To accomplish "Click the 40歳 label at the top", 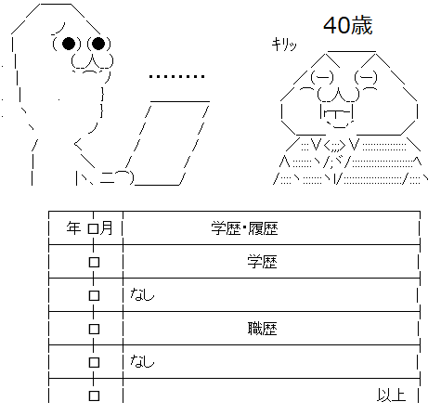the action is pyautogui.click(x=348, y=25).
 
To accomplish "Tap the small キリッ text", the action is pyautogui.click(x=284, y=45).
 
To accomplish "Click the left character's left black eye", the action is pyautogui.click(x=69, y=44).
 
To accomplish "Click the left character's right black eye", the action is pyautogui.click(x=98, y=44).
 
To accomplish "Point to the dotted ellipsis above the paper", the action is pyautogui.click(x=176, y=76).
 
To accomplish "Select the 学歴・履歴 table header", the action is pyautogui.click(x=244, y=228).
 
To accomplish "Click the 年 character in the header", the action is pyautogui.click(x=73, y=228).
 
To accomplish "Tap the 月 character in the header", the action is pyautogui.click(x=106, y=228).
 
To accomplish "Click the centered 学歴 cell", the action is pyautogui.click(x=262, y=262).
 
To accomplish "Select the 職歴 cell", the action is pyautogui.click(x=262, y=329).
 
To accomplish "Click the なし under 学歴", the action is pyautogui.click(x=142, y=294).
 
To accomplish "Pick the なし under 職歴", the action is pyautogui.click(x=142, y=361).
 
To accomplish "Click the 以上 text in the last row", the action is pyautogui.click(x=392, y=396).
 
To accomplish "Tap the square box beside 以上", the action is pyautogui.click(x=94, y=396).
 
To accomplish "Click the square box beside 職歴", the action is pyautogui.click(x=94, y=329).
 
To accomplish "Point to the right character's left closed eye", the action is pyautogui.click(x=322, y=77).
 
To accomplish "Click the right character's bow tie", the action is pyautogui.click(x=334, y=145).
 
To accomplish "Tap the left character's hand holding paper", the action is pyautogui.click(x=119, y=178).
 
